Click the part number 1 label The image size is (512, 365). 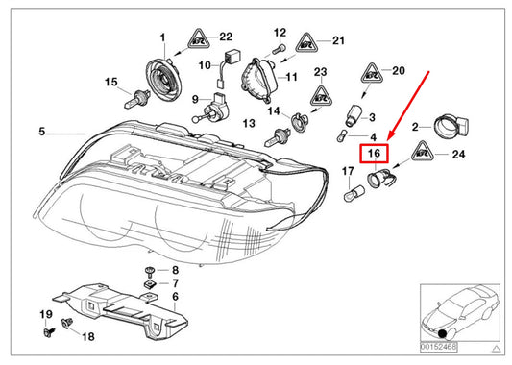tap(163, 37)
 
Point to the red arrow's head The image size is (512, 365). tap(386, 137)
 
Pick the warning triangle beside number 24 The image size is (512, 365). tap(422, 151)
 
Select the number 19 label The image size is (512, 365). tap(46, 314)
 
